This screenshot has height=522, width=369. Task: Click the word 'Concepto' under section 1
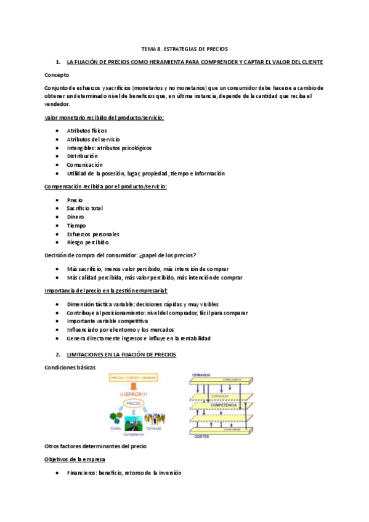point(57,74)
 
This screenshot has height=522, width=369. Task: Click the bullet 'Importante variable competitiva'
point(107,321)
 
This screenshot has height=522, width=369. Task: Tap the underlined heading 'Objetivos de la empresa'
point(75,460)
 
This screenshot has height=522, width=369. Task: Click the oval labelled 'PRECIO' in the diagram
point(134,404)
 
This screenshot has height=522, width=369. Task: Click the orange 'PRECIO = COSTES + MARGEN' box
point(134,377)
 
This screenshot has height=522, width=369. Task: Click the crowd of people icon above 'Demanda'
point(153,419)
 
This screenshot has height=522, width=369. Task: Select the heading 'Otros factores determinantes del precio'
point(96,445)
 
